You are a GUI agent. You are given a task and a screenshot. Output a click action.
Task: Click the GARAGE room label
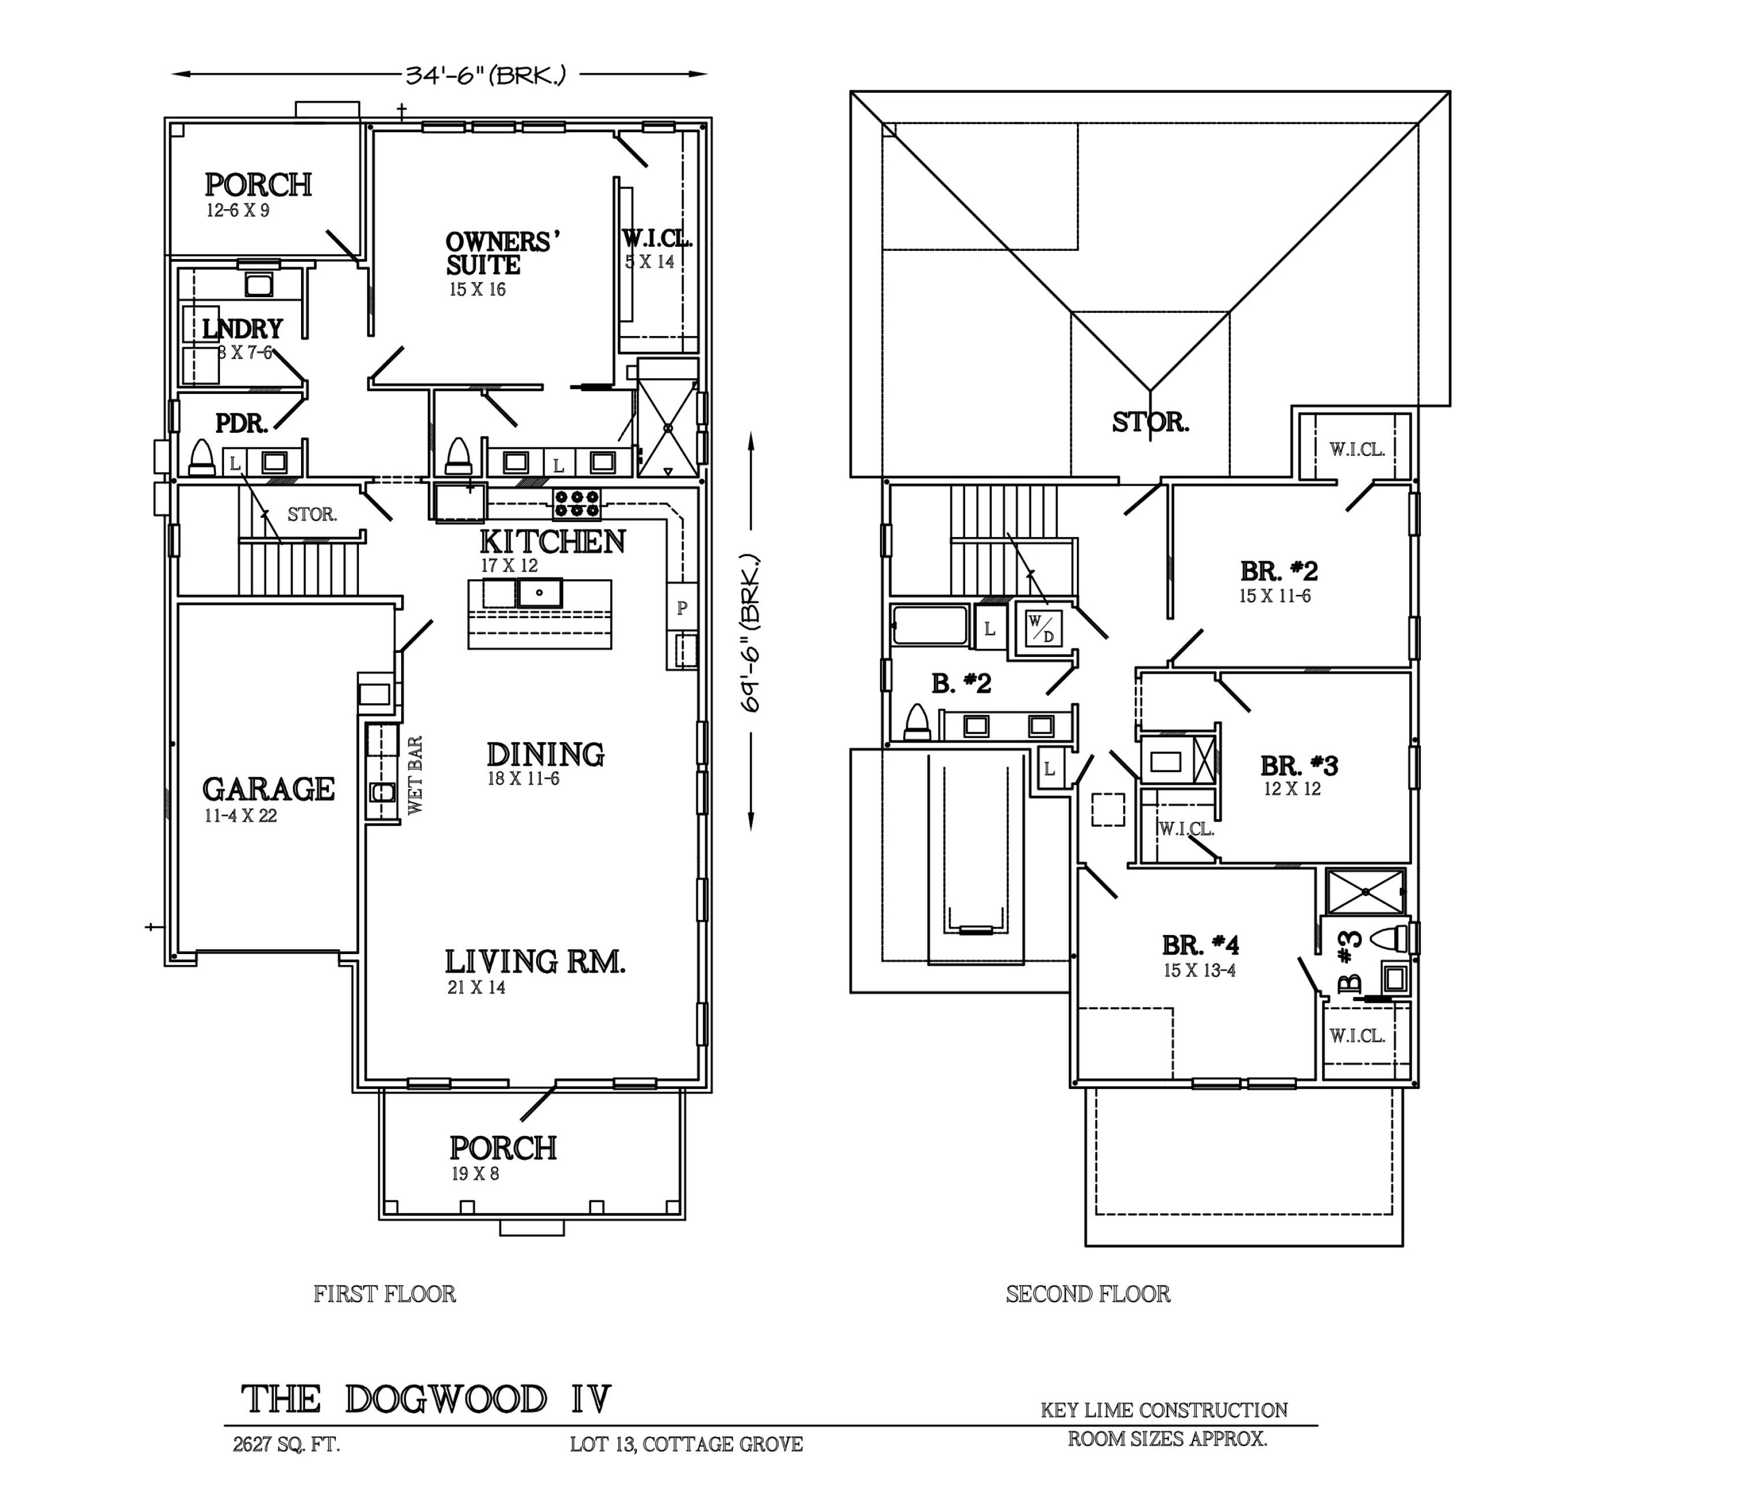pyautogui.click(x=268, y=789)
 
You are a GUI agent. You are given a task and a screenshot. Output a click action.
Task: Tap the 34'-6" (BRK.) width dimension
pyautogui.click(x=485, y=75)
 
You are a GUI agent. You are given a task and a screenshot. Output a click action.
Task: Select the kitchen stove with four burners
pyautogui.click(x=577, y=504)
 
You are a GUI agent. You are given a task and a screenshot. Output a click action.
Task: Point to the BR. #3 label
pyautogui.click(x=1299, y=766)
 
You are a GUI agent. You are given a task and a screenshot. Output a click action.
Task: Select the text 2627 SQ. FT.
pyautogui.click(x=286, y=1445)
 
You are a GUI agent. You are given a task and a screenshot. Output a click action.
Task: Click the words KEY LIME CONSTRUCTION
pyautogui.click(x=1164, y=1410)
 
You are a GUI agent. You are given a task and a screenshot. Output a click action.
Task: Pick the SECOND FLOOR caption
pyautogui.click(x=1087, y=1294)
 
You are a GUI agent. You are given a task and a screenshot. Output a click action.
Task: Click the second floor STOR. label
pyautogui.click(x=1150, y=422)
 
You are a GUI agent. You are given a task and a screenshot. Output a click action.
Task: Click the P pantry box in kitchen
pyautogui.click(x=681, y=608)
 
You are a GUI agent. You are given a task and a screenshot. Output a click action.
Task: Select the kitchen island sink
pyautogui.click(x=539, y=594)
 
